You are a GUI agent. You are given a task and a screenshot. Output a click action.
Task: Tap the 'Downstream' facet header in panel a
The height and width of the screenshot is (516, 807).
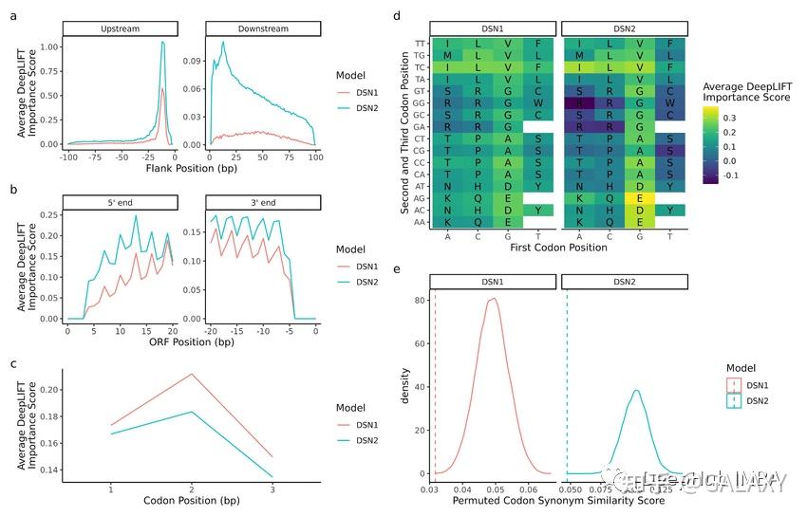tap(261, 29)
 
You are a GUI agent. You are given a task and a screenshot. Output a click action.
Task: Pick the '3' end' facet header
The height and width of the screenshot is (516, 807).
tap(261, 201)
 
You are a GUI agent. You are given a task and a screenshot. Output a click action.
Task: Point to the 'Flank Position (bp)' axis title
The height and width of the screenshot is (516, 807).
tap(190, 169)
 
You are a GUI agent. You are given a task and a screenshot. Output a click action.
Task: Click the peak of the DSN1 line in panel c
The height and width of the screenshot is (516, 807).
tap(192, 374)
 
